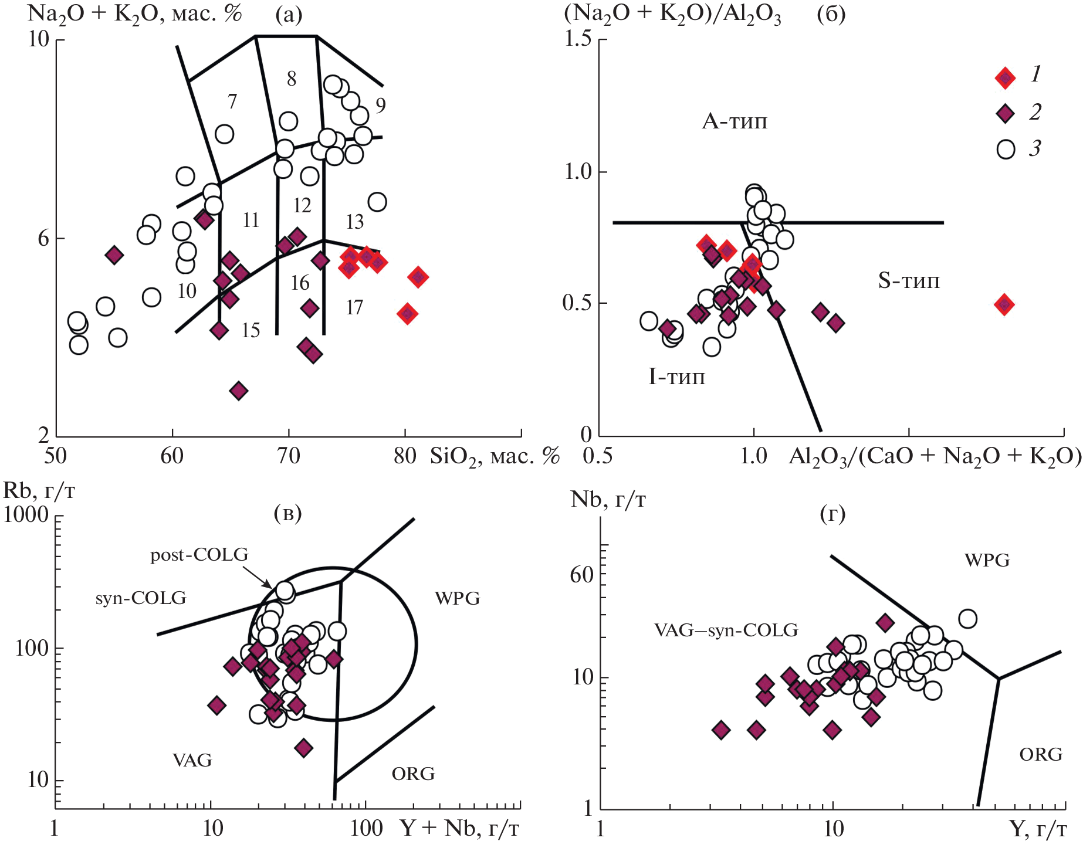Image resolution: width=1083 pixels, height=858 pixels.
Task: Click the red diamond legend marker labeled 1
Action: [1005, 77]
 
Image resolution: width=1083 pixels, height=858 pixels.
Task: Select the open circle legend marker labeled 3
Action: [1006, 149]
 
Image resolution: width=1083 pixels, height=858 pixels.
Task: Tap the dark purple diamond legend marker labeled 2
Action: [1006, 113]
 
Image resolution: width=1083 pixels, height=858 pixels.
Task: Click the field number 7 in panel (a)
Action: [232, 101]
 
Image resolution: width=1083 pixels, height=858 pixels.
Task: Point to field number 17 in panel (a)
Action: [354, 307]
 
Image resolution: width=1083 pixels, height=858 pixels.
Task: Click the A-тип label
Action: [735, 121]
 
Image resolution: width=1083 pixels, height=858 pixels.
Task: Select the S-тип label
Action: [908, 280]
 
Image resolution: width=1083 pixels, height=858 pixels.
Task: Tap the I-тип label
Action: [676, 377]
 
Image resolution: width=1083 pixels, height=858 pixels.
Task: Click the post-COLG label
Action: [199, 554]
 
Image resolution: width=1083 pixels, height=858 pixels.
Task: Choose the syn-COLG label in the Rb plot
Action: [141, 598]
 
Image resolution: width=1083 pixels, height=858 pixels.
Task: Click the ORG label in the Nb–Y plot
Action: [1041, 754]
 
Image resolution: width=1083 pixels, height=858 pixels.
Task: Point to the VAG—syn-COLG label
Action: [726, 630]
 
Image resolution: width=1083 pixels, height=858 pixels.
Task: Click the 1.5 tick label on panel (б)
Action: [577, 39]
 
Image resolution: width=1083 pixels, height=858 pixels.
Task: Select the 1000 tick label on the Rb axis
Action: [26, 514]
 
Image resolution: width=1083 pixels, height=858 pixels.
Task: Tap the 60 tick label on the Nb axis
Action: [581, 575]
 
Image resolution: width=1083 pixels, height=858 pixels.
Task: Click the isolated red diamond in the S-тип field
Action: [1004, 304]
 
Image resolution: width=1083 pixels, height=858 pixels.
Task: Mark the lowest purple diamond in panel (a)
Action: [239, 391]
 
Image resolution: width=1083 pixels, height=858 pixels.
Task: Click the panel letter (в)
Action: [287, 513]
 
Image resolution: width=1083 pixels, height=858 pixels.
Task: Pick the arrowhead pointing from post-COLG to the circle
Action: [269, 585]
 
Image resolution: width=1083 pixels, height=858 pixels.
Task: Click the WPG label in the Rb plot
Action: [457, 598]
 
